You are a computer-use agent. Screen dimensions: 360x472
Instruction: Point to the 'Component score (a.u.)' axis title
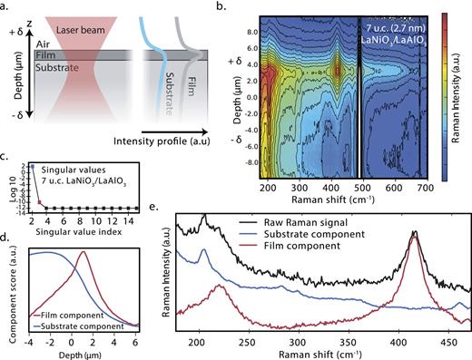coord(10,289)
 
